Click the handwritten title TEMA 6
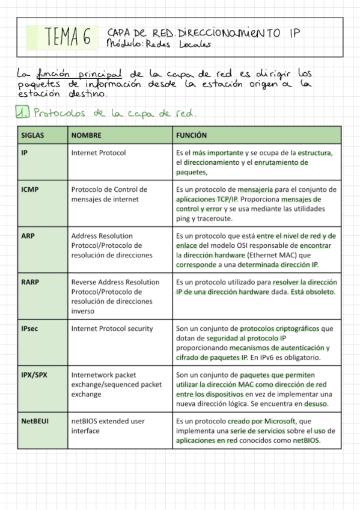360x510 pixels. click(x=67, y=37)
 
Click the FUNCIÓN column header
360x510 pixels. click(x=191, y=136)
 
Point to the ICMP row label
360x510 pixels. click(x=30, y=189)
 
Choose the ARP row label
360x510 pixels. click(x=28, y=236)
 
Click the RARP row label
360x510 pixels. click(x=30, y=282)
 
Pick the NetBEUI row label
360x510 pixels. click(x=35, y=421)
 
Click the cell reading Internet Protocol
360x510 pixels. click(x=99, y=153)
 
